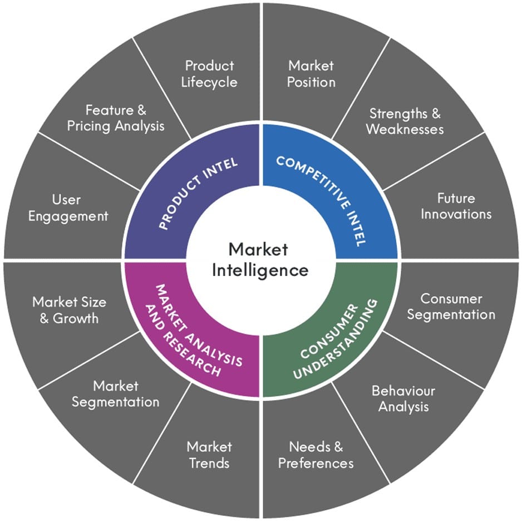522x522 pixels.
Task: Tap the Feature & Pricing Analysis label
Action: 116,118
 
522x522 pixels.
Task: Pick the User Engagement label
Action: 68,207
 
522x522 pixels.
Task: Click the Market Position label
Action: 311,74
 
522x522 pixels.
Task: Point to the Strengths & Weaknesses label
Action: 405,121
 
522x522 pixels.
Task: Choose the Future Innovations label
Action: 456,206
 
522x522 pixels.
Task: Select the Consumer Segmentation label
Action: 451,306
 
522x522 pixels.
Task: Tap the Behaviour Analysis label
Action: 403,398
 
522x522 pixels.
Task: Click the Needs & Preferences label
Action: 316,454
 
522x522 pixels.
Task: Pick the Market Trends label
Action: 209,454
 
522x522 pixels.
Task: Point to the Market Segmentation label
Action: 116,393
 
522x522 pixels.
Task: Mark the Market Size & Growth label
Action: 69,310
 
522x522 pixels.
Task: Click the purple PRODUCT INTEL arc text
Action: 197,193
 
